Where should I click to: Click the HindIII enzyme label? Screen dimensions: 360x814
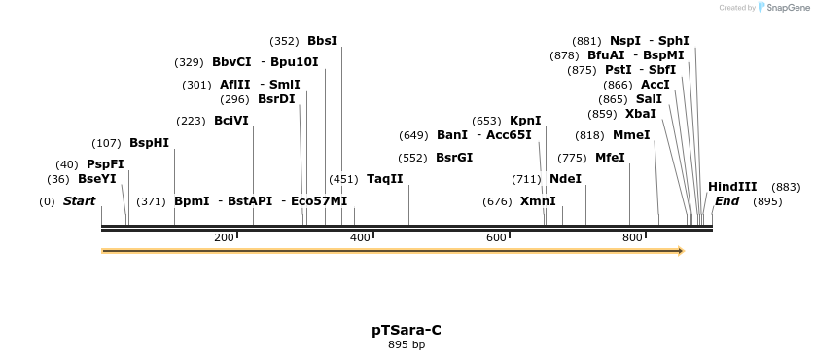(x=731, y=187)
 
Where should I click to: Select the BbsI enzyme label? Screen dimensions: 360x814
(x=322, y=41)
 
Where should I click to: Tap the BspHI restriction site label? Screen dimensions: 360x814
(x=149, y=143)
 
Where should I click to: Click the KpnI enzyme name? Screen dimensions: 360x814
(x=525, y=121)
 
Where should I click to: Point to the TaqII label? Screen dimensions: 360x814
(x=384, y=179)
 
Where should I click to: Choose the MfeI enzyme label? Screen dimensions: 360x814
(x=610, y=158)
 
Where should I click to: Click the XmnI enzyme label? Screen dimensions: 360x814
(x=538, y=201)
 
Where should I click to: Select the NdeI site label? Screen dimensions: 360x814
(x=565, y=179)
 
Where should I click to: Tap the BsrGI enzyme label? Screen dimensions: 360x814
(x=453, y=158)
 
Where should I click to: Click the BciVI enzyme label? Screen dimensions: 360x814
(x=230, y=121)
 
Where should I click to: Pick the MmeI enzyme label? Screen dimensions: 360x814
(x=630, y=135)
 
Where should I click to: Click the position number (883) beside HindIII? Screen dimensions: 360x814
(x=786, y=187)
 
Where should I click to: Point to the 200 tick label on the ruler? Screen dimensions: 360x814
(x=224, y=238)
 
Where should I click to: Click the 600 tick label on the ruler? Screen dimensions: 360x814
(x=496, y=238)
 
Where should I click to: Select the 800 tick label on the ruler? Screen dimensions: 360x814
(x=632, y=238)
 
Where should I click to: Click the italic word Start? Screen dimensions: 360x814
(x=79, y=201)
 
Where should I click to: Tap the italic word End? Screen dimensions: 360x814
(x=726, y=201)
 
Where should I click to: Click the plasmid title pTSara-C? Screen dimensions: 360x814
(x=407, y=330)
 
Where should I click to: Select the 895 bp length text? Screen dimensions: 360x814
(x=407, y=344)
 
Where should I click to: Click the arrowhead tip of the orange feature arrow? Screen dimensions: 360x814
(x=683, y=251)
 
